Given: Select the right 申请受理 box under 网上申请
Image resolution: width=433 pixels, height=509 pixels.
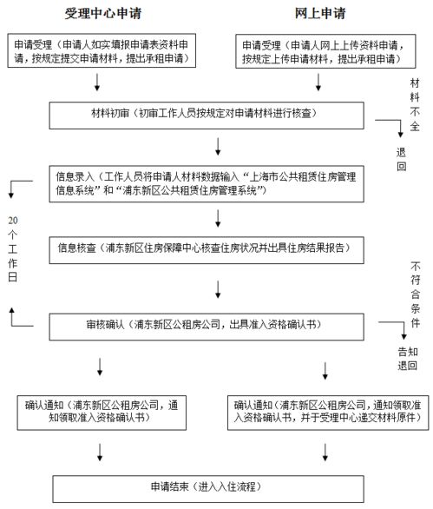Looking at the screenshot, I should (x=321, y=51).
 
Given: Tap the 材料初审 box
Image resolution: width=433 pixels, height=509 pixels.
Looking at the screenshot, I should (x=217, y=115).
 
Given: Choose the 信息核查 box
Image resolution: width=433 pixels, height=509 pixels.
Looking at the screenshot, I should (x=217, y=247).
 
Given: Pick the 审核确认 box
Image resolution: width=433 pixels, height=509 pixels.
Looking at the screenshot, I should (x=217, y=324).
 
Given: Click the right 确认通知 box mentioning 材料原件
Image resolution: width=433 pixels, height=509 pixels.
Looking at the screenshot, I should (x=324, y=410).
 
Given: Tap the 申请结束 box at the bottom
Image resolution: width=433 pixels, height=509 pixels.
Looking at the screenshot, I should (x=217, y=485).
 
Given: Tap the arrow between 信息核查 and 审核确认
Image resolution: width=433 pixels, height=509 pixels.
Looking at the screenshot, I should (x=217, y=287).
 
